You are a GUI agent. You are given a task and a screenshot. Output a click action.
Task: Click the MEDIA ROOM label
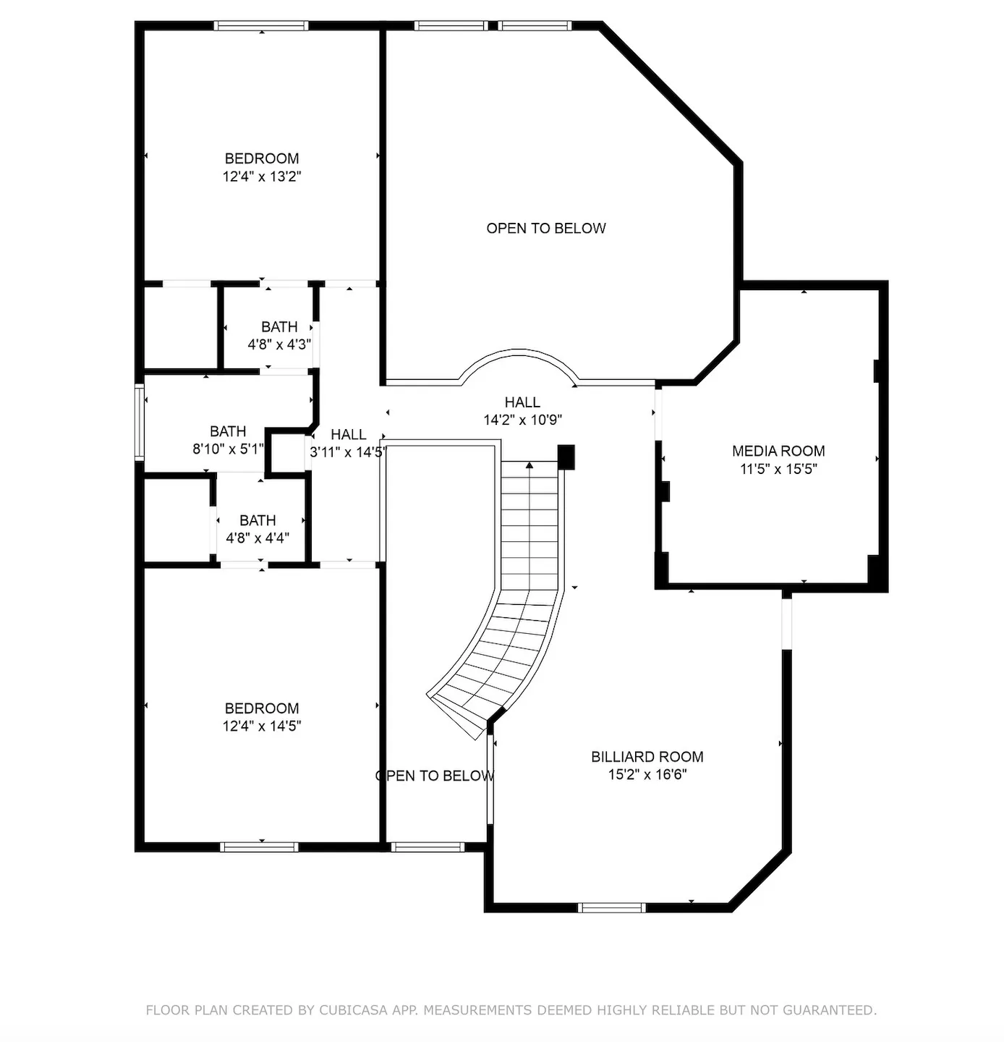pos(778,451)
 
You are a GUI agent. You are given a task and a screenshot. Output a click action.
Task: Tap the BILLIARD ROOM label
pos(647,757)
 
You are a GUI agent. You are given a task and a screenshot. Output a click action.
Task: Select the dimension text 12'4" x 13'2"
pos(261,177)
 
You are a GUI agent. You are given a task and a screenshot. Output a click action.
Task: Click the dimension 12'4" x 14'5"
pos(261,727)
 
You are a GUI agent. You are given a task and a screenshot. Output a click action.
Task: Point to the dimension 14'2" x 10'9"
pos(522,420)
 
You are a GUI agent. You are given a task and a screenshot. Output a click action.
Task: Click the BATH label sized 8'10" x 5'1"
pos(228,431)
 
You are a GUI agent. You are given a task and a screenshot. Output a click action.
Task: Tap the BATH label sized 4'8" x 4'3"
pos(279,327)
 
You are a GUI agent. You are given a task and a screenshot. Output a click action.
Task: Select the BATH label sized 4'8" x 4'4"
pos(258,520)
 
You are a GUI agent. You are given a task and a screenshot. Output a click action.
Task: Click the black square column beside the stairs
pos(566,457)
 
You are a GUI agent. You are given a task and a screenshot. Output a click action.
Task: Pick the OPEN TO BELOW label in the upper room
pos(545,229)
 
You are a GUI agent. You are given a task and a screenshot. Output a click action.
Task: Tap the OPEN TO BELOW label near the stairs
pos(435,776)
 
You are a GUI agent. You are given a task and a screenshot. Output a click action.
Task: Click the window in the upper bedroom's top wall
pos(261,26)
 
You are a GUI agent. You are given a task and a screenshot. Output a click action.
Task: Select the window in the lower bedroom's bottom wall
pos(259,847)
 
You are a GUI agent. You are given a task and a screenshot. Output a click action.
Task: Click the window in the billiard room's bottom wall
pos(611,907)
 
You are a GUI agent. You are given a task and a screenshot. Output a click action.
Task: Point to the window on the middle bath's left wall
pos(140,423)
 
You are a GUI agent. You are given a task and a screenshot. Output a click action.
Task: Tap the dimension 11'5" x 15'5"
pos(778,469)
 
